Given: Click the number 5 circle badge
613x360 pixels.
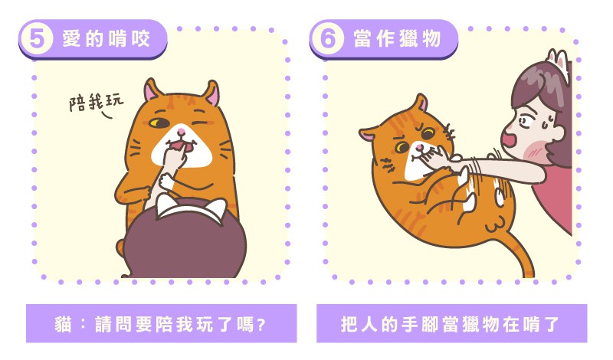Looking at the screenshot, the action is [36, 38].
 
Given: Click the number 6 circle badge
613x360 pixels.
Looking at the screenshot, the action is [328, 38].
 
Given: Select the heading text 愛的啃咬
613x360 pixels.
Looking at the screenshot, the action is [106, 39].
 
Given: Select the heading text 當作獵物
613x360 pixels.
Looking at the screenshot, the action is [397, 39].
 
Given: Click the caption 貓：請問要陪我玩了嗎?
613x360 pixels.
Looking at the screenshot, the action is [161, 324].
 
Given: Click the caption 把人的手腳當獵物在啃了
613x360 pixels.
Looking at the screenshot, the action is [451, 324].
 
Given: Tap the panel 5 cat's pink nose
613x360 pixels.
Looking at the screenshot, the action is [181, 131].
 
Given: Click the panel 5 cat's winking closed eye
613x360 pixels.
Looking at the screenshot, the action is [200, 122].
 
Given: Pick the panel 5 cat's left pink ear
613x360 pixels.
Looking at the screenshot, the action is [152, 91].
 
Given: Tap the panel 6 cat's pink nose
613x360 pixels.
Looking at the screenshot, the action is [418, 147].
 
